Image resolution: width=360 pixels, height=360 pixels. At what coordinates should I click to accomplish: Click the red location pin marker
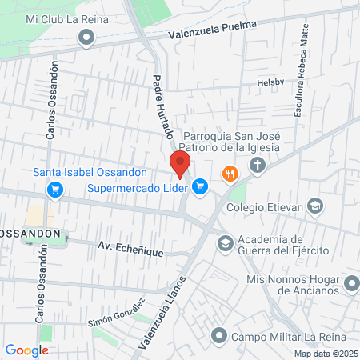[179, 163]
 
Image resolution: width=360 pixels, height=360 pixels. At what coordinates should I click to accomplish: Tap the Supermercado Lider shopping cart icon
[200, 187]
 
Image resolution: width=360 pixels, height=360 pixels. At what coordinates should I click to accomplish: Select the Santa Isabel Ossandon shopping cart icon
[54, 190]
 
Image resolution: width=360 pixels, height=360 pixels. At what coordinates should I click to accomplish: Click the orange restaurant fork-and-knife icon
[230, 173]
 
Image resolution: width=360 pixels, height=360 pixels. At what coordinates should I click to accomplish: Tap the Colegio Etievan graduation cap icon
[316, 206]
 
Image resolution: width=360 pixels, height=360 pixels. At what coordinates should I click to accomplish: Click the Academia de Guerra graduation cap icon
[226, 242]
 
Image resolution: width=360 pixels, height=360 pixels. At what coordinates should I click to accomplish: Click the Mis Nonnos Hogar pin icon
[350, 283]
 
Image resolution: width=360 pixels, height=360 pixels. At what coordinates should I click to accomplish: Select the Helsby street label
[270, 82]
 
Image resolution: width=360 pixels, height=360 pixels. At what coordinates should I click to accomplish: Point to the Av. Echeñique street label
[131, 250]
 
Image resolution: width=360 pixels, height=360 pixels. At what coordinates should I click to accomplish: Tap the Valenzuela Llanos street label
[161, 313]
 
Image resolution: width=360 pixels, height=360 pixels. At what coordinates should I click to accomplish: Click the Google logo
[26, 350]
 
